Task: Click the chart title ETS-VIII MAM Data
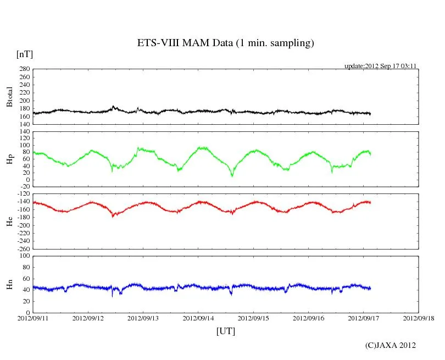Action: point(225,43)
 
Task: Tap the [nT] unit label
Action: point(24,54)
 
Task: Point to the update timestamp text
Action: point(381,66)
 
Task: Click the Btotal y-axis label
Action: point(9,96)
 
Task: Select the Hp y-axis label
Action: point(9,159)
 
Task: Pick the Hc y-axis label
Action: point(9,221)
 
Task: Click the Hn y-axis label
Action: point(9,284)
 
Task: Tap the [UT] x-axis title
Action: point(226,331)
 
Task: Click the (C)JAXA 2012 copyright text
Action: point(391,345)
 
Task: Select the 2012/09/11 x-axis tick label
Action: point(33,318)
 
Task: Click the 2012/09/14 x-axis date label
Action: point(198,318)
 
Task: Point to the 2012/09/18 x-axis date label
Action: point(419,318)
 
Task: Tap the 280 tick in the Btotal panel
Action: point(24,69)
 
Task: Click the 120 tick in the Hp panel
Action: point(24,132)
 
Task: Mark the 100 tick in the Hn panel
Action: point(24,256)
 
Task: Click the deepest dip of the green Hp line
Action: point(232,176)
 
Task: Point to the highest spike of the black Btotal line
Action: point(113,106)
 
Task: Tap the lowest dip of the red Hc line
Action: point(113,217)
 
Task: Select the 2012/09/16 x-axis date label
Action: point(309,318)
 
